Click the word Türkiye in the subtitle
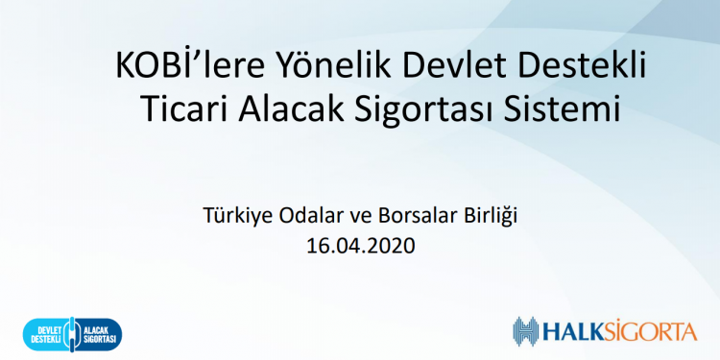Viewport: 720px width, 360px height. (x=233, y=215)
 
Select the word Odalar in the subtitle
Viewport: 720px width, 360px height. (x=309, y=215)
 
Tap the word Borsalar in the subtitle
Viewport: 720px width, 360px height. (x=412, y=215)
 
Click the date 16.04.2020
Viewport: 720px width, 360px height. (x=359, y=245)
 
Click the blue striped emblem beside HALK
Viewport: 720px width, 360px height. (x=527, y=333)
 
